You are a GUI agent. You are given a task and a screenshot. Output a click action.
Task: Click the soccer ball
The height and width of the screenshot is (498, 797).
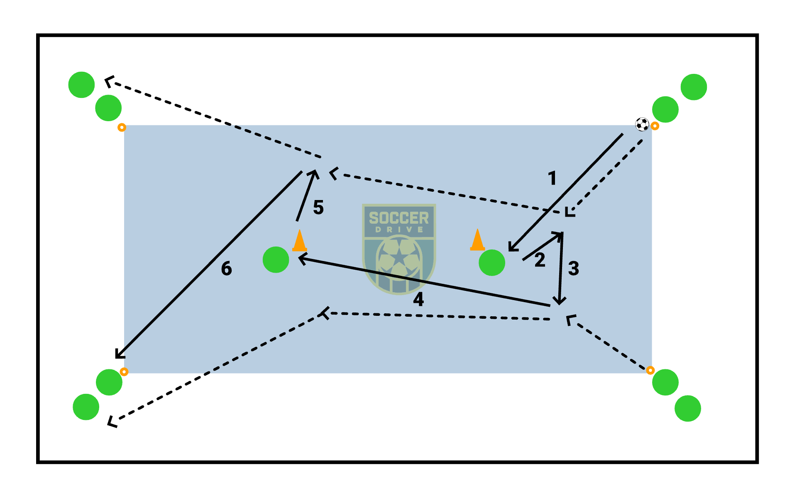pos(642,124)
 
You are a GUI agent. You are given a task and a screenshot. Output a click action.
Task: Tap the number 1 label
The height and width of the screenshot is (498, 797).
pos(552,178)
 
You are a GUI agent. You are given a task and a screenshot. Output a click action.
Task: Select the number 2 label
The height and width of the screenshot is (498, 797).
pos(540,260)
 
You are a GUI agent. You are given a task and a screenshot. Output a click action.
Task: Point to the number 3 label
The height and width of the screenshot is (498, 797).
pos(573,269)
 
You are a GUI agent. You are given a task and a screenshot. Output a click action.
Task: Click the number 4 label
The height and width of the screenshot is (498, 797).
pos(418,299)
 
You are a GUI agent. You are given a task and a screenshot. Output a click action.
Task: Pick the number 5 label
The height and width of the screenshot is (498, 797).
pos(318,207)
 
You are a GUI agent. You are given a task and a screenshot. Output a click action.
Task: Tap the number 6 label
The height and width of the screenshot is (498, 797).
pos(226,269)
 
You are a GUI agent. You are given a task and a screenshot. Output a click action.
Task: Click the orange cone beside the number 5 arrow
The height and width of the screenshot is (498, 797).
pos(299,241)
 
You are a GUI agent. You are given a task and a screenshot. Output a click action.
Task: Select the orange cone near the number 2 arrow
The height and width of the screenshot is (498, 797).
pos(477,240)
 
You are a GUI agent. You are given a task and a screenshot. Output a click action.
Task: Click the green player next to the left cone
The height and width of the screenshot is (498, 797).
pos(276,260)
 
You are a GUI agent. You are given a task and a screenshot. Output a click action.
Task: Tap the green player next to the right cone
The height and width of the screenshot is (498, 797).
pos(492,262)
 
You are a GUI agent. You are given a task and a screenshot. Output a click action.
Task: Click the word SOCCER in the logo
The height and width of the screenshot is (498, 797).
pos(398,218)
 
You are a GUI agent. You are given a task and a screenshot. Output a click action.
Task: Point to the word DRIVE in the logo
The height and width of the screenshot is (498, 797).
pos(399,229)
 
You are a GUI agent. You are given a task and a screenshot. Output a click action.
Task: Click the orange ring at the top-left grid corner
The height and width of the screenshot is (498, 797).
pos(122,127)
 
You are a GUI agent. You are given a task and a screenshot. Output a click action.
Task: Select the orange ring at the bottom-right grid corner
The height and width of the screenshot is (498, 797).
pos(650,370)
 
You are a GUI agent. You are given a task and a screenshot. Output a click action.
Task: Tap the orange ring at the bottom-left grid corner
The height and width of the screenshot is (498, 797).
pos(124,371)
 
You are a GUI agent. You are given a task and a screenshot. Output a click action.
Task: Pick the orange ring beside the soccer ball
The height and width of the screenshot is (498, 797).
pos(655,126)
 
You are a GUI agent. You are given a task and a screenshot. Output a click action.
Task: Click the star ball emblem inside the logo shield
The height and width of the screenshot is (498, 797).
pos(399,259)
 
